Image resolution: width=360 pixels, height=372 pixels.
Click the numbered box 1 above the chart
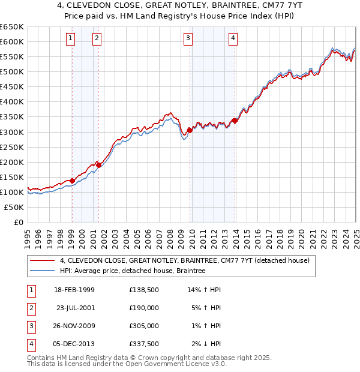(71, 38)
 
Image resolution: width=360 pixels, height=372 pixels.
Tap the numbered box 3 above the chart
(188, 38)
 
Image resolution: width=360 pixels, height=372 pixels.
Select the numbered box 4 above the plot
(233, 38)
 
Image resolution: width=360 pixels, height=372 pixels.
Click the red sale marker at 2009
(190, 130)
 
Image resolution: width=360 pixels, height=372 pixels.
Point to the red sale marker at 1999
(72, 180)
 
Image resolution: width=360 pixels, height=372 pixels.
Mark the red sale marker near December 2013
(235, 120)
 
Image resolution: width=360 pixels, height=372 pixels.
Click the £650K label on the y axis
(12, 27)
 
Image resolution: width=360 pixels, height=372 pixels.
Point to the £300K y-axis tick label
(12, 132)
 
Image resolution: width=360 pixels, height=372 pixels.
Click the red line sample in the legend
(42, 261)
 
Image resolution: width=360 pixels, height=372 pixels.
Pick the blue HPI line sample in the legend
(42, 271)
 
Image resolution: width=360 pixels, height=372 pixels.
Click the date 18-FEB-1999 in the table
(74, 290)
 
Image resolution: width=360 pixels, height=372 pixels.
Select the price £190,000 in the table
(143, 308)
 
